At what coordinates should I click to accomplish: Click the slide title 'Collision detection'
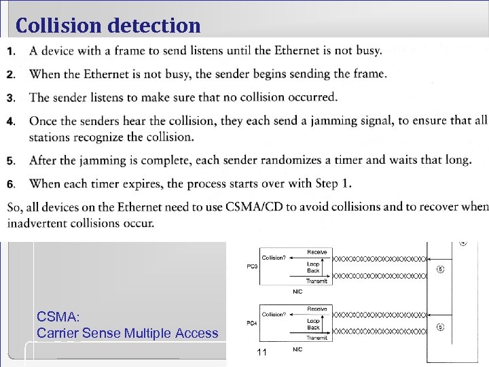109,26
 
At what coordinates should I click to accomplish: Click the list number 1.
10,51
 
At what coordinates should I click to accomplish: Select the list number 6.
10,183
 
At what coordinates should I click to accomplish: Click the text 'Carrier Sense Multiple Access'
128,333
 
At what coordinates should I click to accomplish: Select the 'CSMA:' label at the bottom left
58,316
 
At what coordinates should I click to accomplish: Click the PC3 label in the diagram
251,266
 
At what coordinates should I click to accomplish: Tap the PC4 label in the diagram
251,323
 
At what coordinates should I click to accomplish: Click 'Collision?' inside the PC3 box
274,258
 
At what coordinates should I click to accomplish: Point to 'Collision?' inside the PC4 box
274,314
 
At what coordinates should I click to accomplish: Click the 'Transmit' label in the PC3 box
316,281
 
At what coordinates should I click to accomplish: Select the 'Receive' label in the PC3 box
317,252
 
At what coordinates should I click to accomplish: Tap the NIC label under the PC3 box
297,292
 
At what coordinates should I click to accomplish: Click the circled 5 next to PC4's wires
441,326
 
